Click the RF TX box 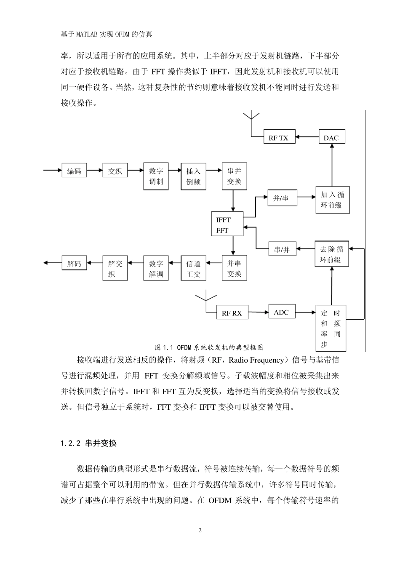pos(279,137)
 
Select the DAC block pos(331,137)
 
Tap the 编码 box pos(74,171)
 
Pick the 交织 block pos(115,171)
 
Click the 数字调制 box pos(156,176)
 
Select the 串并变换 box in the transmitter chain pos(234,176)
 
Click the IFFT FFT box pos(227,225)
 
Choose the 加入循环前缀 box pos(332,200)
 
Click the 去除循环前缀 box pos(332,254)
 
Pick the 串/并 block pos(282,249)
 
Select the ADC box pos(281,312)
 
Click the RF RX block pos(232,313)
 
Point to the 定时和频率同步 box pos(331,328)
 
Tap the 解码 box pos(74,263)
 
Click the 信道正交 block pos(193,269)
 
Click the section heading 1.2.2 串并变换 pos(88,443)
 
